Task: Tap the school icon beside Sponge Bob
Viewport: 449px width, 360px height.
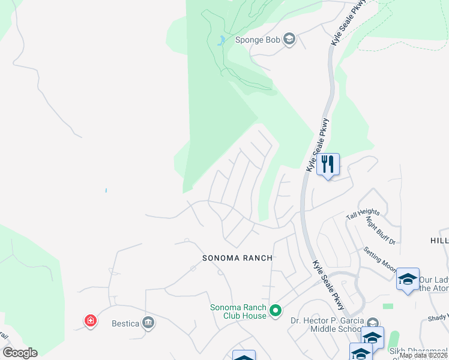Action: coord(289,40)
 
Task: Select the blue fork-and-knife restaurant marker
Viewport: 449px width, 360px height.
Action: coord(328,164)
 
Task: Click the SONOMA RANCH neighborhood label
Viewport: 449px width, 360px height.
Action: coord(237,258)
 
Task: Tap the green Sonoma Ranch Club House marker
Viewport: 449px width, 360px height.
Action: coord(276,311)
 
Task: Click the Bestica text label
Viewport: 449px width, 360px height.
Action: coord(125,324)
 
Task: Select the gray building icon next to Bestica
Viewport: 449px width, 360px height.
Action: coord(148,324)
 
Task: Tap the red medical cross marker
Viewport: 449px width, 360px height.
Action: coord(91,321)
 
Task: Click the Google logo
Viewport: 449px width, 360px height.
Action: coord(20,353)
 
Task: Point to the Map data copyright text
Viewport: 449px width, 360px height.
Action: coord(423,355)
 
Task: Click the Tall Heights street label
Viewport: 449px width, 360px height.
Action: coord(364,213)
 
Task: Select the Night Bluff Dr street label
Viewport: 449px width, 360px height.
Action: coord(380,230)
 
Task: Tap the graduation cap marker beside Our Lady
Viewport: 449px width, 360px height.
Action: coord(408,279)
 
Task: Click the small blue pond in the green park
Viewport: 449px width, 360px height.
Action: coord(221,41)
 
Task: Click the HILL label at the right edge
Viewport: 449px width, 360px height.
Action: coord(439,240)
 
